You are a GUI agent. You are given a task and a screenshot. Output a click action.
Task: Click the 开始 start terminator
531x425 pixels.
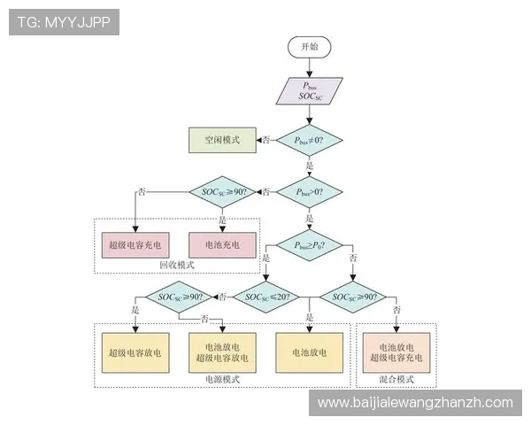coord(309,47)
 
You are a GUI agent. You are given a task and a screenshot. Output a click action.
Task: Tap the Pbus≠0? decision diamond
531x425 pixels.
coord(309,140)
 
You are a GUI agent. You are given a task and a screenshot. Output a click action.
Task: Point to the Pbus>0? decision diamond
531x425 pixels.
coord(309,191)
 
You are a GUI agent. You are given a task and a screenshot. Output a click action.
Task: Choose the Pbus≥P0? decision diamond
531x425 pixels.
coord(309,243)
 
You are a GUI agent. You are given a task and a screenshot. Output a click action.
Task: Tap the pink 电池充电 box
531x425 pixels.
coord(221,243)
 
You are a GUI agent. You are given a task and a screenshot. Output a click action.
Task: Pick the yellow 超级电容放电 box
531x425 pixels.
coord(135,352)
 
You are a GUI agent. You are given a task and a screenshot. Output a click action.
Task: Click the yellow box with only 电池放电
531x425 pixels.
coord(309,352)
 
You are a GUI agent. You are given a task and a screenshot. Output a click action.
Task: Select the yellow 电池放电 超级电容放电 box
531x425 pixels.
coord(221,352)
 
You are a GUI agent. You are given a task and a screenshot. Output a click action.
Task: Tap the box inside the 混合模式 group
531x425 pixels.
coord(396,352)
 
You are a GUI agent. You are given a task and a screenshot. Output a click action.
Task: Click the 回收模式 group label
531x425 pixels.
coord(176,266)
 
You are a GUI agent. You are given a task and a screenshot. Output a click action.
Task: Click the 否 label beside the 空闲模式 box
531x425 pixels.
coord(265,140)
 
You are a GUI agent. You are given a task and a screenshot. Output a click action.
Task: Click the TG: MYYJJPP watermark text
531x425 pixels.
coord(64,22)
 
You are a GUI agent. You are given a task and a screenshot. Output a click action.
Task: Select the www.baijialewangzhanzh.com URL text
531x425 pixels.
coord(415,403)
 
